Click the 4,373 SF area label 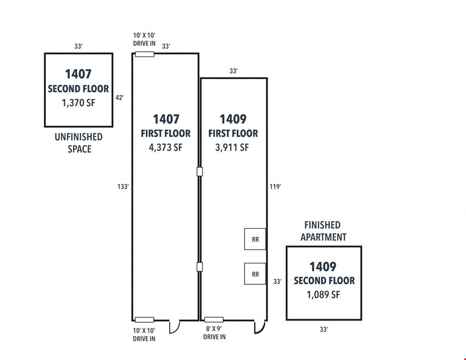pyautogui.click(x=165, y=148)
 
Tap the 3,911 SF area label pyautogui.click(x=232, y=148)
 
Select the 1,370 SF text pyautogui.click(x=78, y=103)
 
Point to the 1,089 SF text pyautogui.click(x=323, y=294)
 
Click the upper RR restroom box pyautogui.click(x=255, y=239)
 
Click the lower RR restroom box pyautogui.click(x=255, y=274)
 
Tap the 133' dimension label pyautogui.click(x=123, y=187)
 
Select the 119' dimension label pyautogui.click(x=275, y=187)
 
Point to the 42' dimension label pyautogui.click(x=120, y=98)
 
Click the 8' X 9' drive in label pyautogui.click(x=214, y=333)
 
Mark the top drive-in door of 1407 pyautogui.click(x=145, y=54)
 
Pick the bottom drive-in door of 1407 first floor pyautogui.click(x=145, y=320)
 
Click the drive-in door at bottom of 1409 pyautogui.click(x=214, y=319)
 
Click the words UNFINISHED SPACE pyautogui.click(x=79, y=143)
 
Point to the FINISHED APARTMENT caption pyautogui.click(x=323, y=231)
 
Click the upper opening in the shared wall pyautogui.click(x=200, y=171)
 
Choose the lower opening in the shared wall pyautogui.click(x=200, y=267)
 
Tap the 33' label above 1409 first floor pyautogui.click(x=234, y=71)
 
